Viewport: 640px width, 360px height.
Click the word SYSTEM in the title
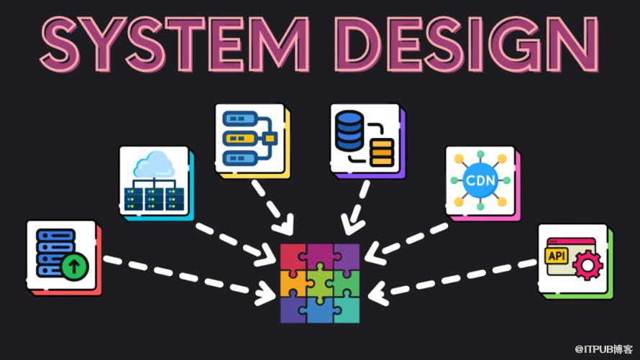point(175,45)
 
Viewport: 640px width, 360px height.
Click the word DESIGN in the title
point(467,45)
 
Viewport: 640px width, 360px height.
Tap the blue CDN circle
point(480,180)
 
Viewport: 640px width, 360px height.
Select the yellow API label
point(557,256)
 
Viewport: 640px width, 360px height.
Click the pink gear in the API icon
point(588,265)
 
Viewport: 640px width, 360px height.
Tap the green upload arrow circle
point(74,267)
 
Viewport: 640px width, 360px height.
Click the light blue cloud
point(154,164)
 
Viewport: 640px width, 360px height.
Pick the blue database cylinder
point(349,131)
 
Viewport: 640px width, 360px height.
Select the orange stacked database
point(382,152)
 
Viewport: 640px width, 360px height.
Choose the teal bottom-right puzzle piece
point(346,310)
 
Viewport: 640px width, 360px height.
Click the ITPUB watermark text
point(603,349)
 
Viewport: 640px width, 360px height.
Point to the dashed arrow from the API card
point(452,280)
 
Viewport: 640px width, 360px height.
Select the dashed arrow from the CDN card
point(406,243)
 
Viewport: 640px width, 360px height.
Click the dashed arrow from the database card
point(355,208)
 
